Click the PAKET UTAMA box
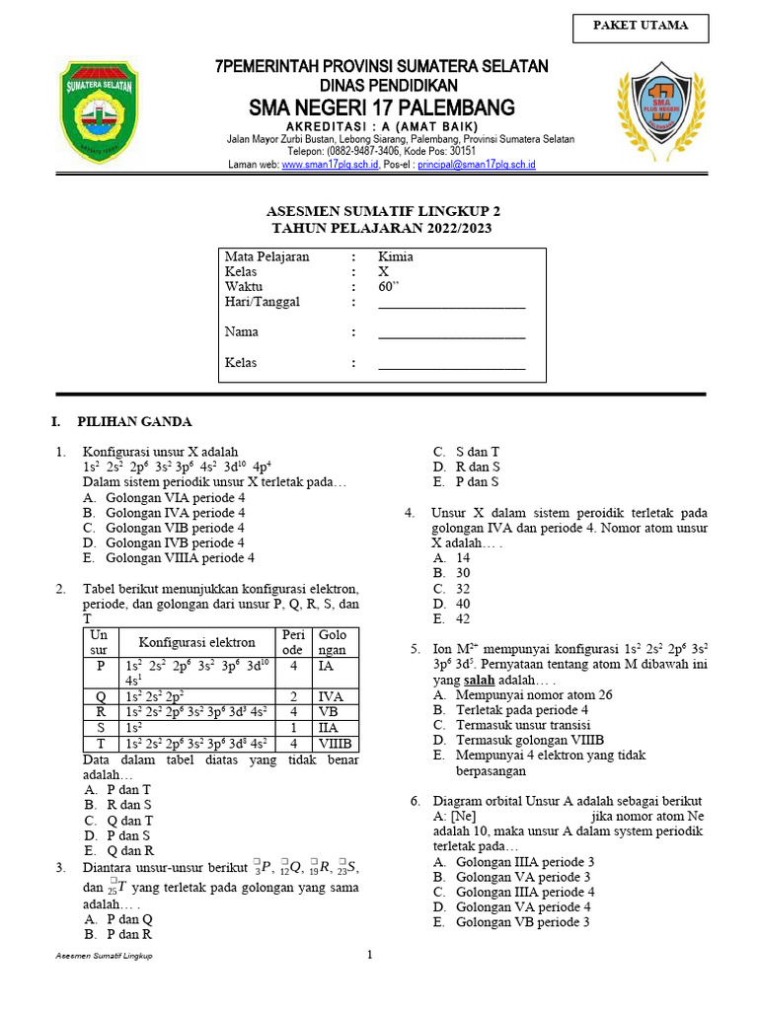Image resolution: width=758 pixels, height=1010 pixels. (x=640, y=27)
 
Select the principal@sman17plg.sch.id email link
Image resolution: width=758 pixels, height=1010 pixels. (x=476, y=165)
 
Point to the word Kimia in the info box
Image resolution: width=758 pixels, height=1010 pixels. (x=396, y=256)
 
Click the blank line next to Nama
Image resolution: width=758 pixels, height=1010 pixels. (x=452, y=332)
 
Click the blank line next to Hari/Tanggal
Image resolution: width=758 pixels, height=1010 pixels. (x=452, y=302)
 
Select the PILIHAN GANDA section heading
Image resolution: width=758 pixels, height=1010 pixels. (x=134, y=422)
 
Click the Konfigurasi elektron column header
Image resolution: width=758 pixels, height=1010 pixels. (x=196, y=642)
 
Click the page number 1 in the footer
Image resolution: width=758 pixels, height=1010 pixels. (x=370, y=955)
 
